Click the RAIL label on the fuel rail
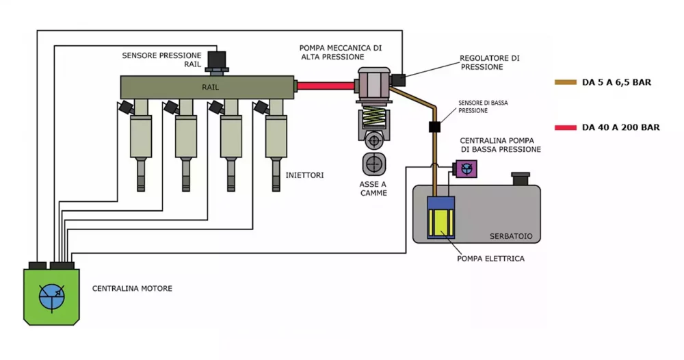click(210, 88)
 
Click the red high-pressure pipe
click(326, 86)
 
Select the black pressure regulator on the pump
click(398, 80)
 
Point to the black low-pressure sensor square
click(434, 127)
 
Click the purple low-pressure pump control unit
click(465, 169)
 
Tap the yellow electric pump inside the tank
click(441, 222)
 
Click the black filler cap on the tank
click(521, 179)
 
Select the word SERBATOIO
click(511, 236)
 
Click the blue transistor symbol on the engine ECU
click(52, 297)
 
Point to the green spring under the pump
click(374, 118)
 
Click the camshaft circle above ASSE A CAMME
click(374, 164)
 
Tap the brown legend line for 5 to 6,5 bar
click(566, 82)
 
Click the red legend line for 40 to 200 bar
click(566, 127)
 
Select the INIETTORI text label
click(304, 175)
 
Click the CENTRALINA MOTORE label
click(132, 288)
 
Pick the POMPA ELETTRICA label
click(490, 259)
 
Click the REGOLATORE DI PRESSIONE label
click(490, 62)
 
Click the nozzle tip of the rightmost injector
click(276, 188)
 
